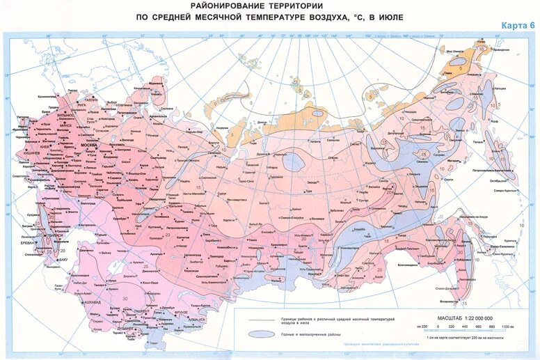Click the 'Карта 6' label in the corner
[518, 26]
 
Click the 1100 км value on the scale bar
[506, 326]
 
